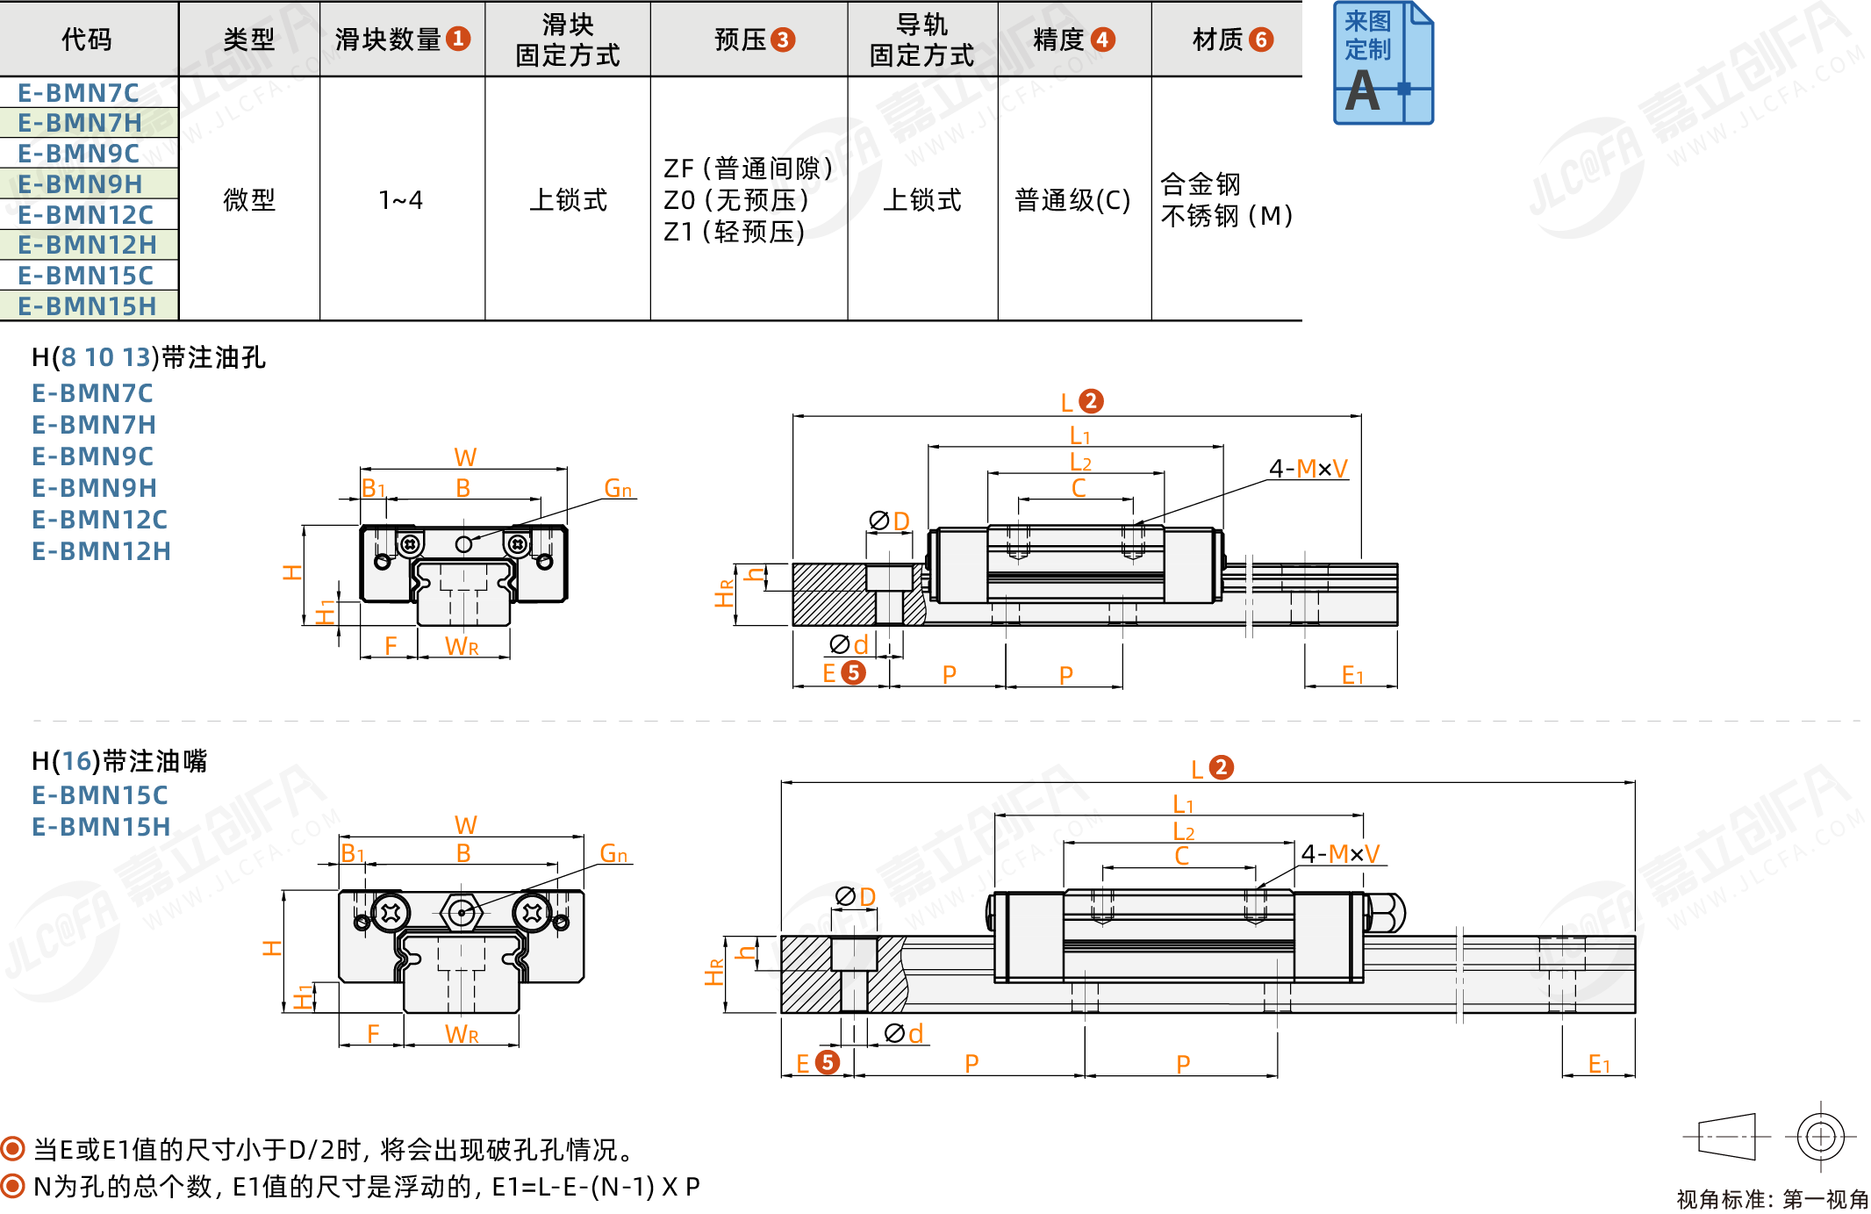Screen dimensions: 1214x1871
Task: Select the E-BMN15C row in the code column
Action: (x=85, y=276)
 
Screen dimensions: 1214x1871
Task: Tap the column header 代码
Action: (x=87, y=40)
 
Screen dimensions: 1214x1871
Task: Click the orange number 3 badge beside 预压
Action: (x=783, y=40)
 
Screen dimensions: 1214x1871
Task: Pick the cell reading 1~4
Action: (x=401, y=200)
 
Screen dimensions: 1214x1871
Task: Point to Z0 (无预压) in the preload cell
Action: (x=735, y=200)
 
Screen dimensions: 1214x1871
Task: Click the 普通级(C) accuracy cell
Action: (x=1072, y=200)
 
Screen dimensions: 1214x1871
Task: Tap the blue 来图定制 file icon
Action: (x=1382, y=63)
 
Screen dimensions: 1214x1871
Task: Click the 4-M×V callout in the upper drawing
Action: (x=1308, y=469)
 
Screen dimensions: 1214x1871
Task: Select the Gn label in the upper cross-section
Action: (x=618, y=488)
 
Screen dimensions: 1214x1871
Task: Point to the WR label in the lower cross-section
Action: (x=462, y=1034)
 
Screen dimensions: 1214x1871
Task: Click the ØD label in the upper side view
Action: (x=889, y=521)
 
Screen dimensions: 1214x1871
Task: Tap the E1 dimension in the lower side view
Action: (x=1599, y=1065)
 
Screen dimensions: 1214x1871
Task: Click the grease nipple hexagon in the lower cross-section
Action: (x=462, y=913)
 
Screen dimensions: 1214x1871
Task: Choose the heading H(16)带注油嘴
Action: (x=119, y=760)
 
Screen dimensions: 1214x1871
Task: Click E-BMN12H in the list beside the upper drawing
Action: (x=101, y=551)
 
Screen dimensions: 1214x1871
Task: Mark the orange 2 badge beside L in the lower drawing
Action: (x=1221, y=767)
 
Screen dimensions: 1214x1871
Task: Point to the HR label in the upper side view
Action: (x=724, y=593)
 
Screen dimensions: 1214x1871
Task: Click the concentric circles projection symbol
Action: (x=1820, y=1137)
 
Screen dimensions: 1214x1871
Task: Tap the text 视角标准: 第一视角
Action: (x=1772, y=1199)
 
